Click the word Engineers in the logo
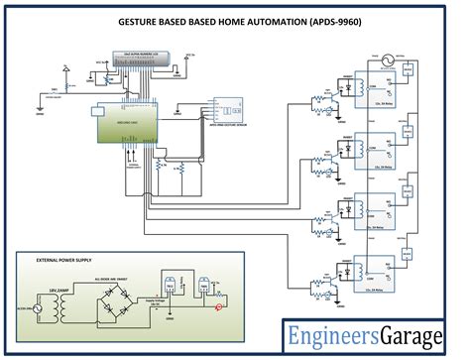coord(328,338)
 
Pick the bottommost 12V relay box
coord(380,270)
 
